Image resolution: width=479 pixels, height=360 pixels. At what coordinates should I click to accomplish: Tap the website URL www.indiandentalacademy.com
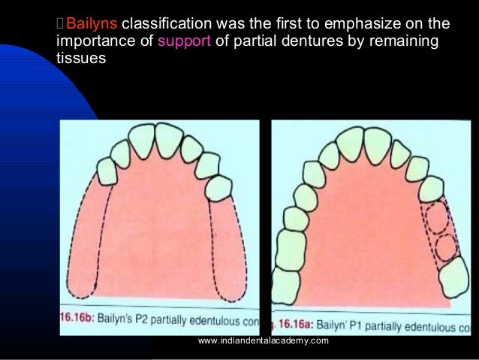(263, 342)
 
